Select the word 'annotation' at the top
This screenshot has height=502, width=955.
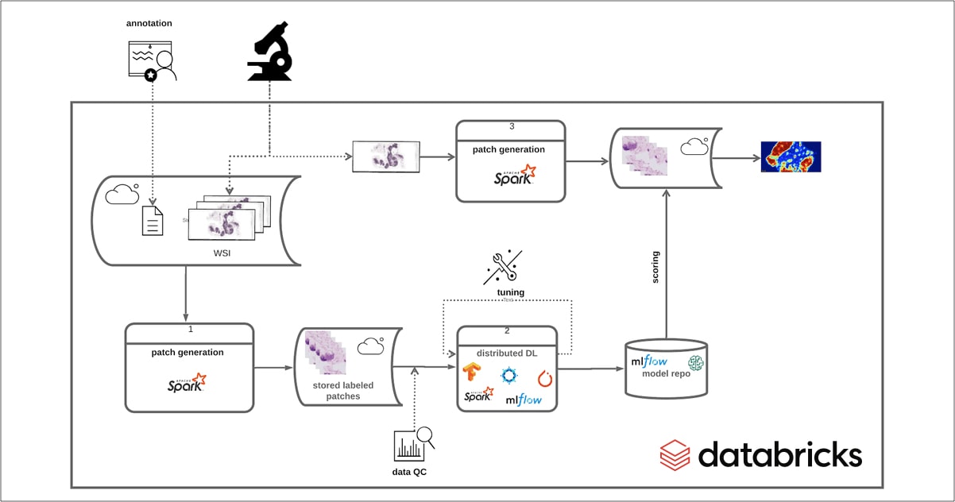149,24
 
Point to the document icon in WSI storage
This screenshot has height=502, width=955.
153,220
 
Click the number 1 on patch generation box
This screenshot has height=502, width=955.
191,327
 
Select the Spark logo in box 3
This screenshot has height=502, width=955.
512,176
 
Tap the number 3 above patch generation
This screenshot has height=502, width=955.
511,125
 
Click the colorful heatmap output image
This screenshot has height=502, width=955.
791,157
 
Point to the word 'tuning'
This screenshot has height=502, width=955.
510,292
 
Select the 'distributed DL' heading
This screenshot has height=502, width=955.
506,353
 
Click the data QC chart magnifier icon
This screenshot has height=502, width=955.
413,445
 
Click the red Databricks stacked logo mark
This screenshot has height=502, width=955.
675,455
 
